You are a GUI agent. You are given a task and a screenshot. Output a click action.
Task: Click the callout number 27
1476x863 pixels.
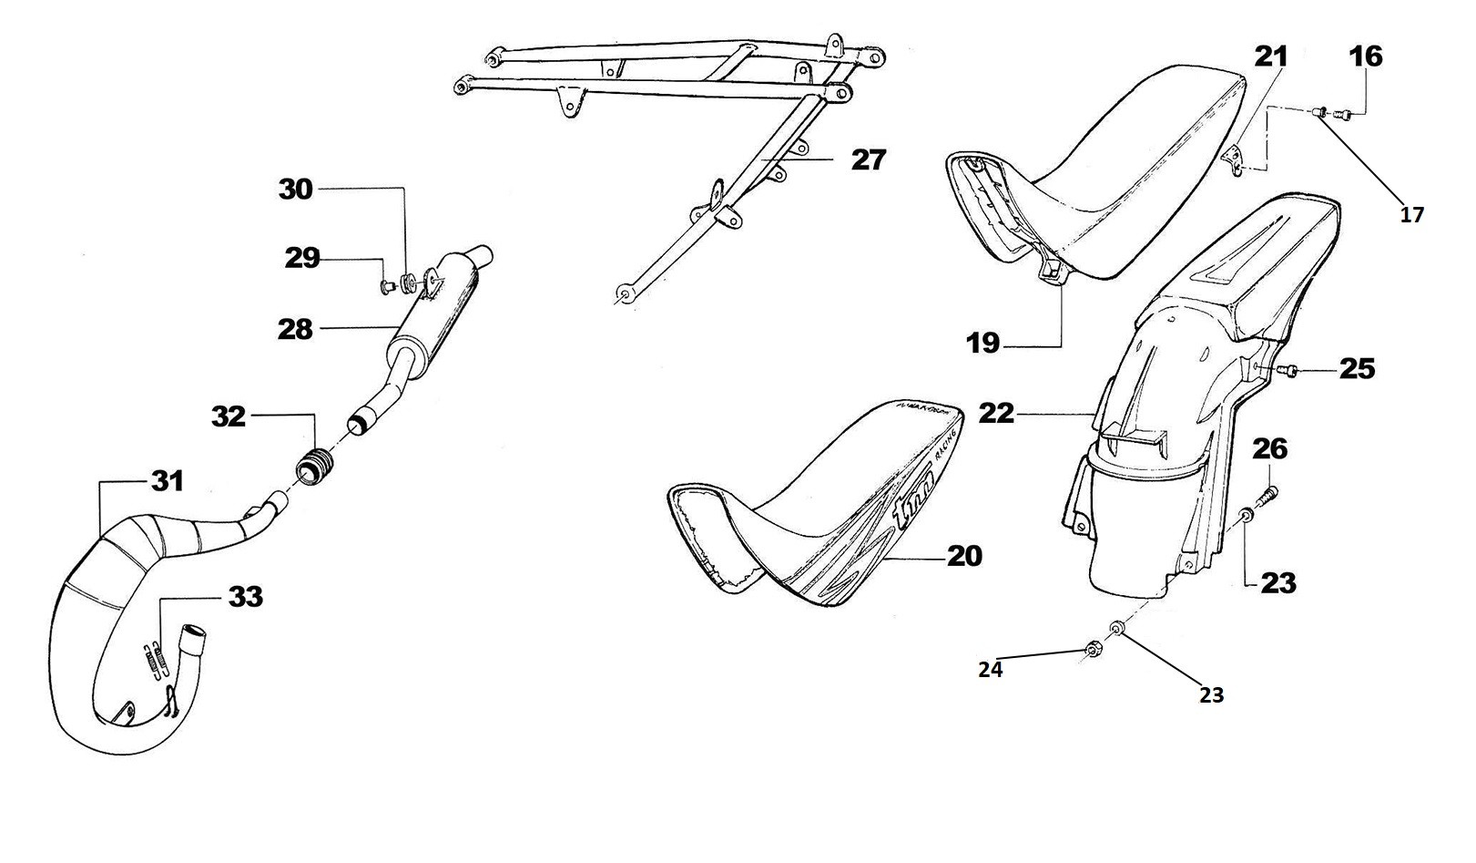tap(868, 160)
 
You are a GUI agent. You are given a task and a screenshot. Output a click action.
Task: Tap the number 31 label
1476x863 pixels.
tap(167, 480)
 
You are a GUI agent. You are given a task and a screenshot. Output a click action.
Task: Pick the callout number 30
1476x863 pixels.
tap(295, 190)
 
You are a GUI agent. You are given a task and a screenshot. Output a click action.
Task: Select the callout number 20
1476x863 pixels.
tap(964, 555)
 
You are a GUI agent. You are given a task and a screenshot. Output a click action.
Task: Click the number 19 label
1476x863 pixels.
tap(983, 344)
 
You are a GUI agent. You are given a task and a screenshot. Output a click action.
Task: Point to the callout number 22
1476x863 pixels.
tap(996, 413)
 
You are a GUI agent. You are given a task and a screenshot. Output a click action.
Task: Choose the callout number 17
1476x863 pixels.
tap(1410, 216)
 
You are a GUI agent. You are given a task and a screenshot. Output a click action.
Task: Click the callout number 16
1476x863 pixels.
tap(1365, 57)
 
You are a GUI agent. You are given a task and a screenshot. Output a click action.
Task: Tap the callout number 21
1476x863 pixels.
tap(1271, 57)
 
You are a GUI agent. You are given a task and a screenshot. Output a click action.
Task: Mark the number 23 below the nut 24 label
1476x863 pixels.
tap(1210, 695)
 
